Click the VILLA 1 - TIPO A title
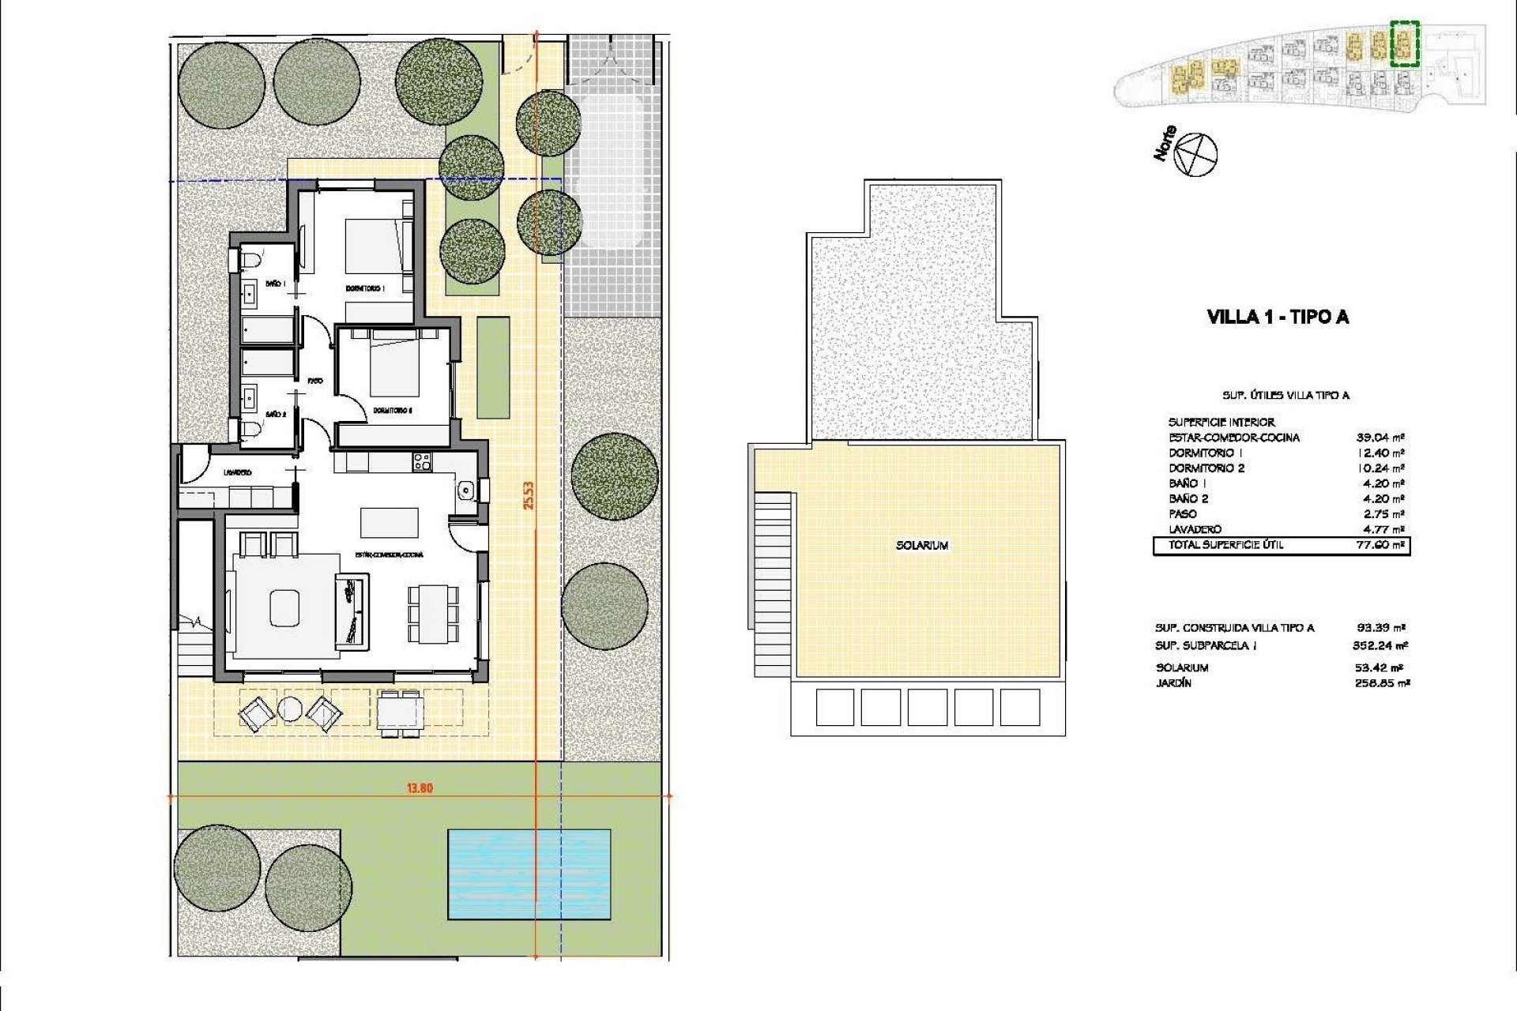pos(1278,318)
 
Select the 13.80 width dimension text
pos(420,787)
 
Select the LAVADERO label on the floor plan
pos(237,472)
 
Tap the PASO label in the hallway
pos(315,381)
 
